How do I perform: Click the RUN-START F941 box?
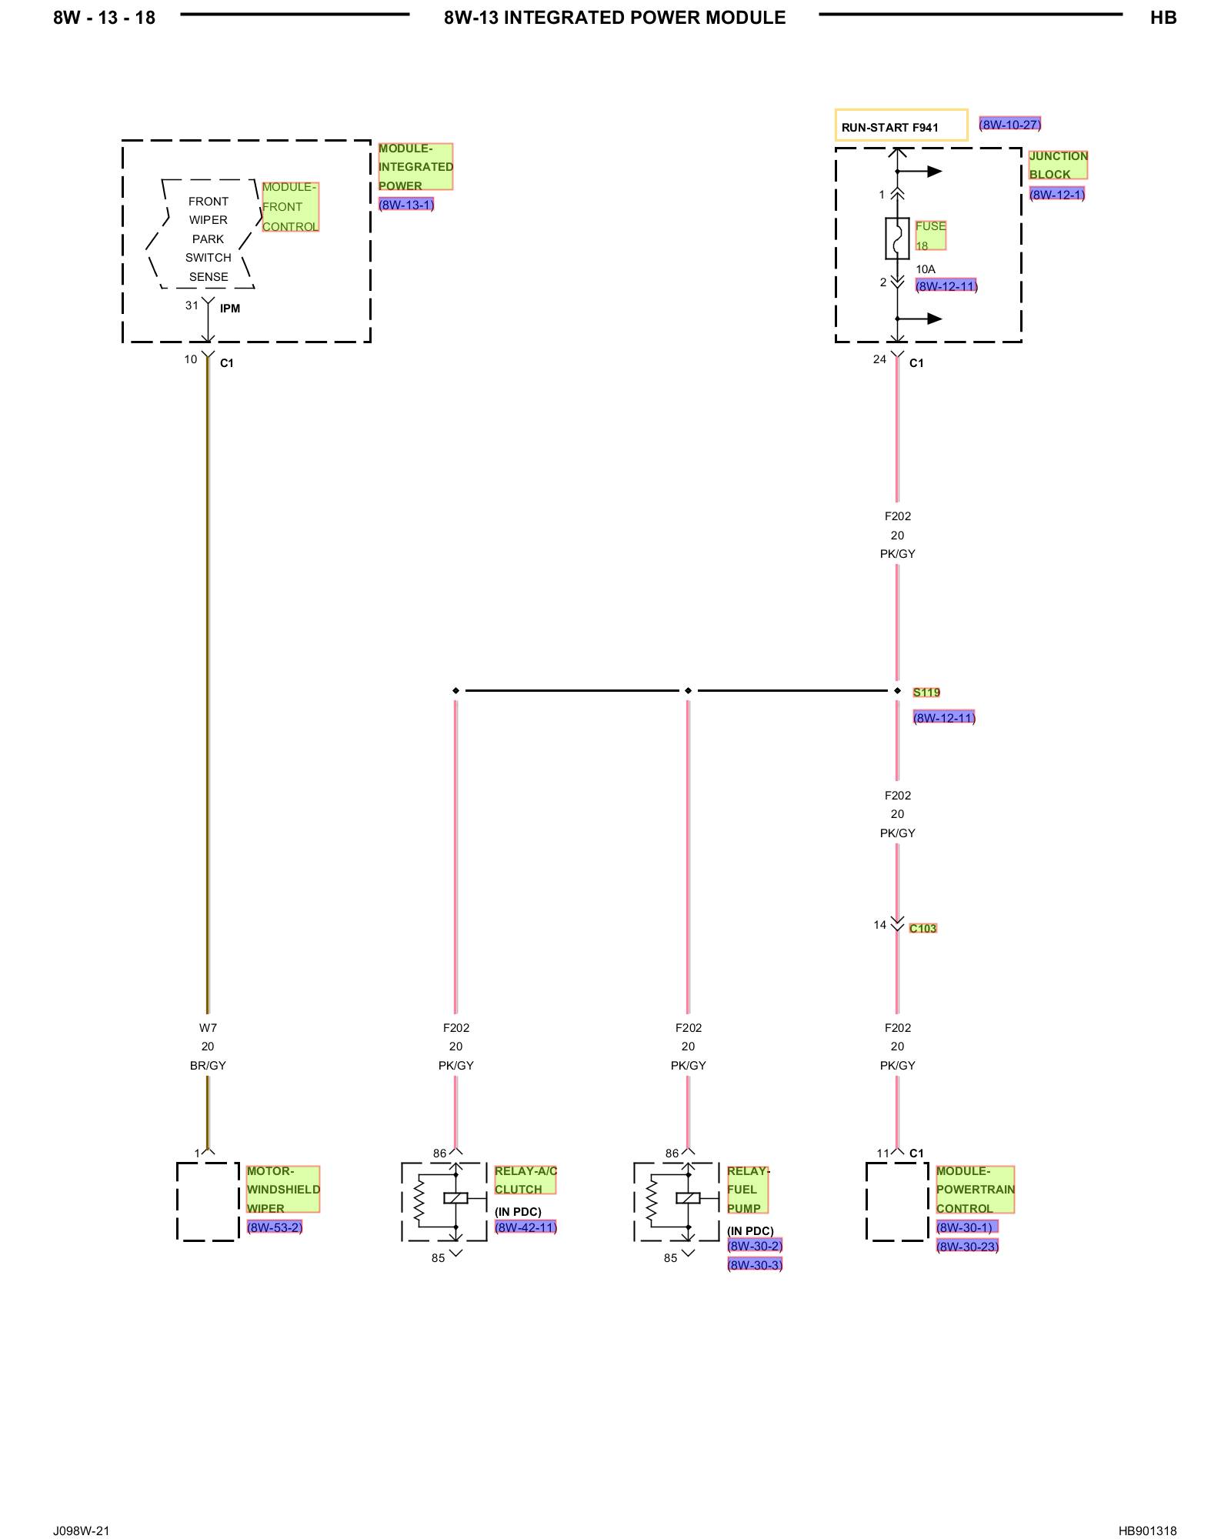901,125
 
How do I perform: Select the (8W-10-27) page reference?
1009,124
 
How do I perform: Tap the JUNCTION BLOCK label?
1059,165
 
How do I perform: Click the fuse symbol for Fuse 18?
897,238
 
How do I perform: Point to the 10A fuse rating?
926,269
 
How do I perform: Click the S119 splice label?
926,693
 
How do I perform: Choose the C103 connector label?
923,929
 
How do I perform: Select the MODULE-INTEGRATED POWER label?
415,167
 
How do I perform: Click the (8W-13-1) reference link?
406,205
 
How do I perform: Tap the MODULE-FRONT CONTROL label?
290,207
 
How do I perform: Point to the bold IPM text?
230,309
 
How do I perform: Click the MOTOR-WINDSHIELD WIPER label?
283,1190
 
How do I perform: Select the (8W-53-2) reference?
275,1227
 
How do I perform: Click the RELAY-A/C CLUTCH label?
525,1180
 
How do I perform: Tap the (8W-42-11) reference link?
525,1227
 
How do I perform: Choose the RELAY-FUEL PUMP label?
748,1190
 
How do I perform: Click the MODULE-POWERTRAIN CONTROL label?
976,1190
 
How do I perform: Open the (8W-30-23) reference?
967,1247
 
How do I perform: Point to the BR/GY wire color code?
208,1066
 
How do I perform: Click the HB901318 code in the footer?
1147,1531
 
